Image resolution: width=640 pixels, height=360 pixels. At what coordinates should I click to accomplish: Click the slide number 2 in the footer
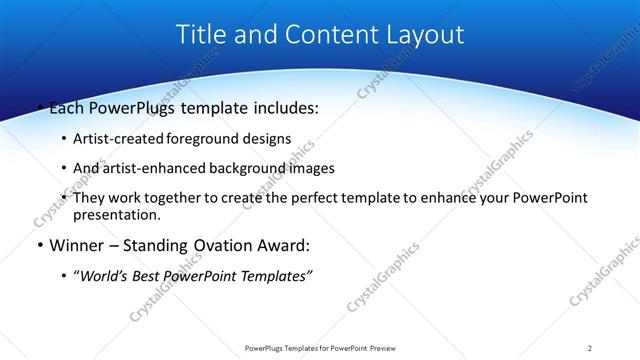click(590, 347)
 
